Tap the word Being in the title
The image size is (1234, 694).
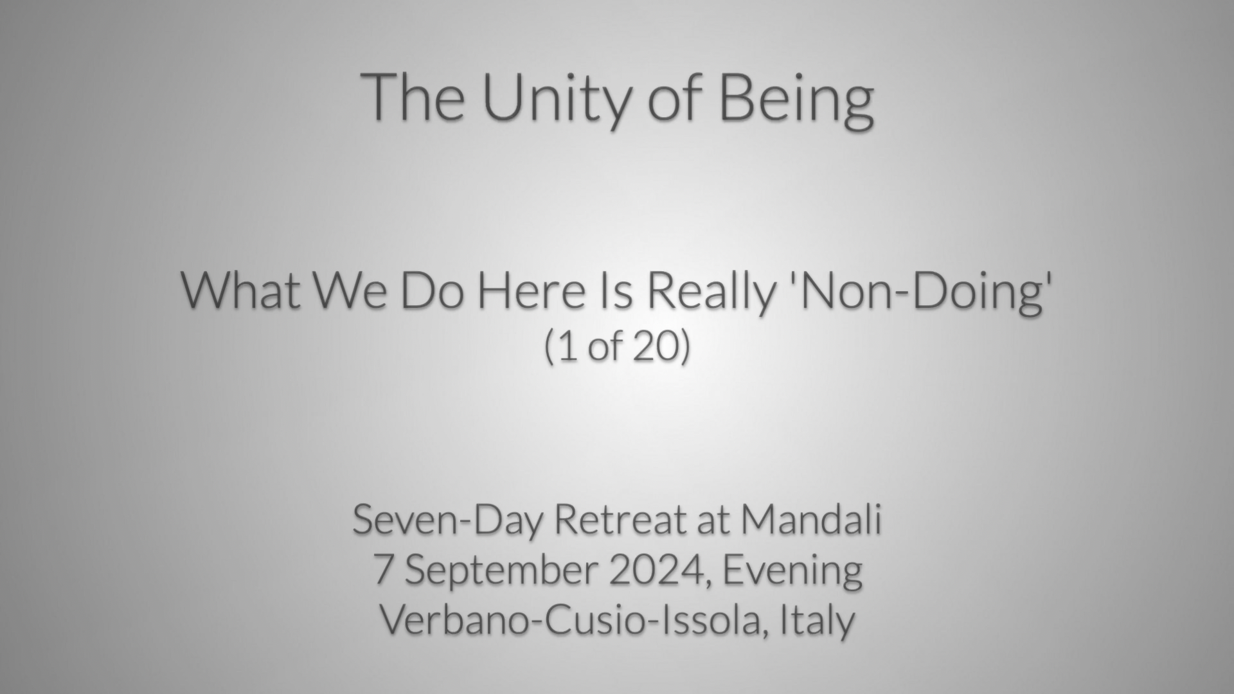click(796, 100)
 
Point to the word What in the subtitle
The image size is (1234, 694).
click(241, 290)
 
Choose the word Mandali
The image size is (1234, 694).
click(811, 520)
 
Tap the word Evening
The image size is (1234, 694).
click(792, 572)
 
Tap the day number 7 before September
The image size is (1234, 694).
click(382, 571)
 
